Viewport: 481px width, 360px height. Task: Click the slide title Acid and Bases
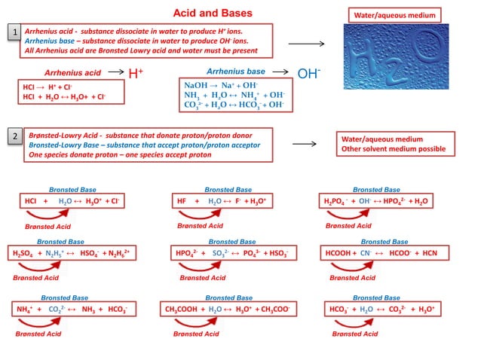pos(213,13)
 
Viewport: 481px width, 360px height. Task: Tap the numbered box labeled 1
pos(14,32)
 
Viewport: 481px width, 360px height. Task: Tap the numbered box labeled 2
pos(14,136)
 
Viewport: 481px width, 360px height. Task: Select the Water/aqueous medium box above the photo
pos(394,15)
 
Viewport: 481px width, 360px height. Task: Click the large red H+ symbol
pos(136,73)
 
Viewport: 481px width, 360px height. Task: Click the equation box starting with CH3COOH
pos(228,310)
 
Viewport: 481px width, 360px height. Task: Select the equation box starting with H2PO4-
pos(376,202)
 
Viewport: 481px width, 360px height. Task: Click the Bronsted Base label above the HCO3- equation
pos(376,297)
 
